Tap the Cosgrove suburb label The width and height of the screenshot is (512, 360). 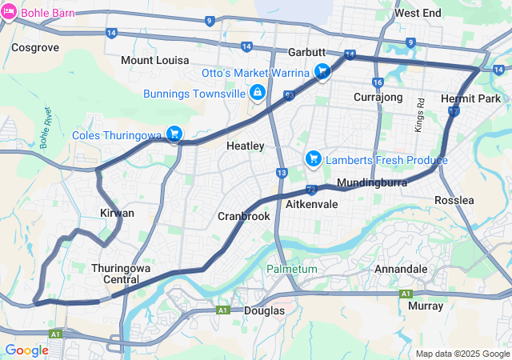click(x=35, y=47)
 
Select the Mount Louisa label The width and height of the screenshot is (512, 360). click(x=155, y=60)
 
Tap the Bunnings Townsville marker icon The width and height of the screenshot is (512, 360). click(x=258, y=94)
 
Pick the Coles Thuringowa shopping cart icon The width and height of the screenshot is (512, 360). click(x=174, y=134)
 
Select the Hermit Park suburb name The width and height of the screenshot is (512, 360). click(x=470, y=98)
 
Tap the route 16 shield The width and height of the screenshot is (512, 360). click(x=378, y=82)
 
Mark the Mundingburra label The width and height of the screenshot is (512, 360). click(x=373, y=183)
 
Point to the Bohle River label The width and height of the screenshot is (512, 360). click(x=46, y=126)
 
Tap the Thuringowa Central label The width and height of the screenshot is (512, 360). click(x=122, y=274)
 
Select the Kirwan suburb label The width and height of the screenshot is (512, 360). click(x=117, y=213)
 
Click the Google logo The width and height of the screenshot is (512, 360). click(x=26, y=350)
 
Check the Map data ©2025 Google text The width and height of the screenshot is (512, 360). click(x=462, y=354)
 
